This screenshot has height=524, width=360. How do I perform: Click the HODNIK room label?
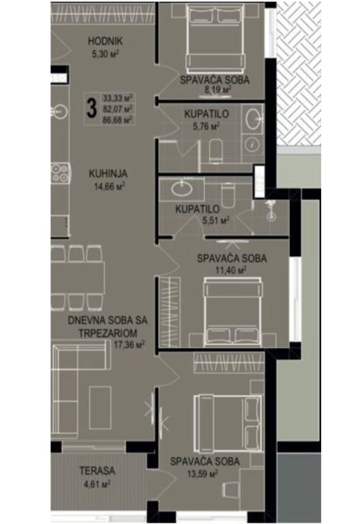pos(105,41)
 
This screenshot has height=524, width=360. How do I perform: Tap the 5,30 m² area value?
pos(106,53)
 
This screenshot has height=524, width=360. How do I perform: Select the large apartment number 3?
pos(91,109)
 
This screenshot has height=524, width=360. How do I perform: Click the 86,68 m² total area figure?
pos(117,120)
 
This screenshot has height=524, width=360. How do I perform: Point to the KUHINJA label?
pos(108,174)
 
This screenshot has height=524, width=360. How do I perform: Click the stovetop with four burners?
pos(61,173)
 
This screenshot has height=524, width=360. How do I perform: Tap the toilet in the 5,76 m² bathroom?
pos(215,150)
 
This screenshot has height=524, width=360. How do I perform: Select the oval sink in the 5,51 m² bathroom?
pos(182,189)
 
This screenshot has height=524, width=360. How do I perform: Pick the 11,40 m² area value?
pos(231,270)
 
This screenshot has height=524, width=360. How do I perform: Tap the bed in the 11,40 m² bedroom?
pos(233,311)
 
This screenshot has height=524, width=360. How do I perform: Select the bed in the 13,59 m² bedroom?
pos(228,423)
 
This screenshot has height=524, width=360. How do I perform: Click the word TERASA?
pos(97,471)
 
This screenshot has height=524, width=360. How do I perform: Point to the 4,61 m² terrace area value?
pos(97,483)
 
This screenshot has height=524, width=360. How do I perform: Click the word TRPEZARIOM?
pos(108,333)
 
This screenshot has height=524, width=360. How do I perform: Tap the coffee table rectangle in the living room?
pos(100,408)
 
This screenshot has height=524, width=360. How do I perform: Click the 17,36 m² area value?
pos(129,345)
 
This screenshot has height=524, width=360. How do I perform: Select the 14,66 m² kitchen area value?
pos(110,186)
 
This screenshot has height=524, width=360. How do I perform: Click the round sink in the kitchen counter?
pos(60,111)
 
